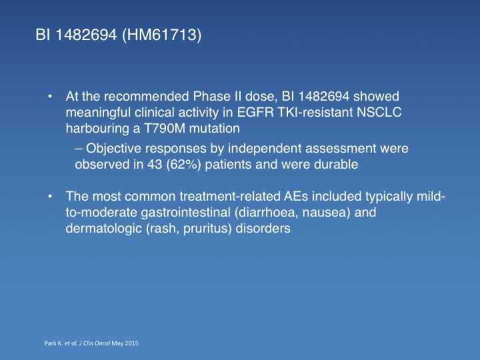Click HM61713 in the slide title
[x=161, y=35]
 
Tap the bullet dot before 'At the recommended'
[x=50, y=97]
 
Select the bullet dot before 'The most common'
[x=50, y=197]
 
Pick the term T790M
[x=165, y=128]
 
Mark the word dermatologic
[x=104, y=229]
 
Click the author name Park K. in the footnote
[x=53, y=343]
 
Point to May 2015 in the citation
[x=125, y=343]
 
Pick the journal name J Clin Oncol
[x=94, y=343]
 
